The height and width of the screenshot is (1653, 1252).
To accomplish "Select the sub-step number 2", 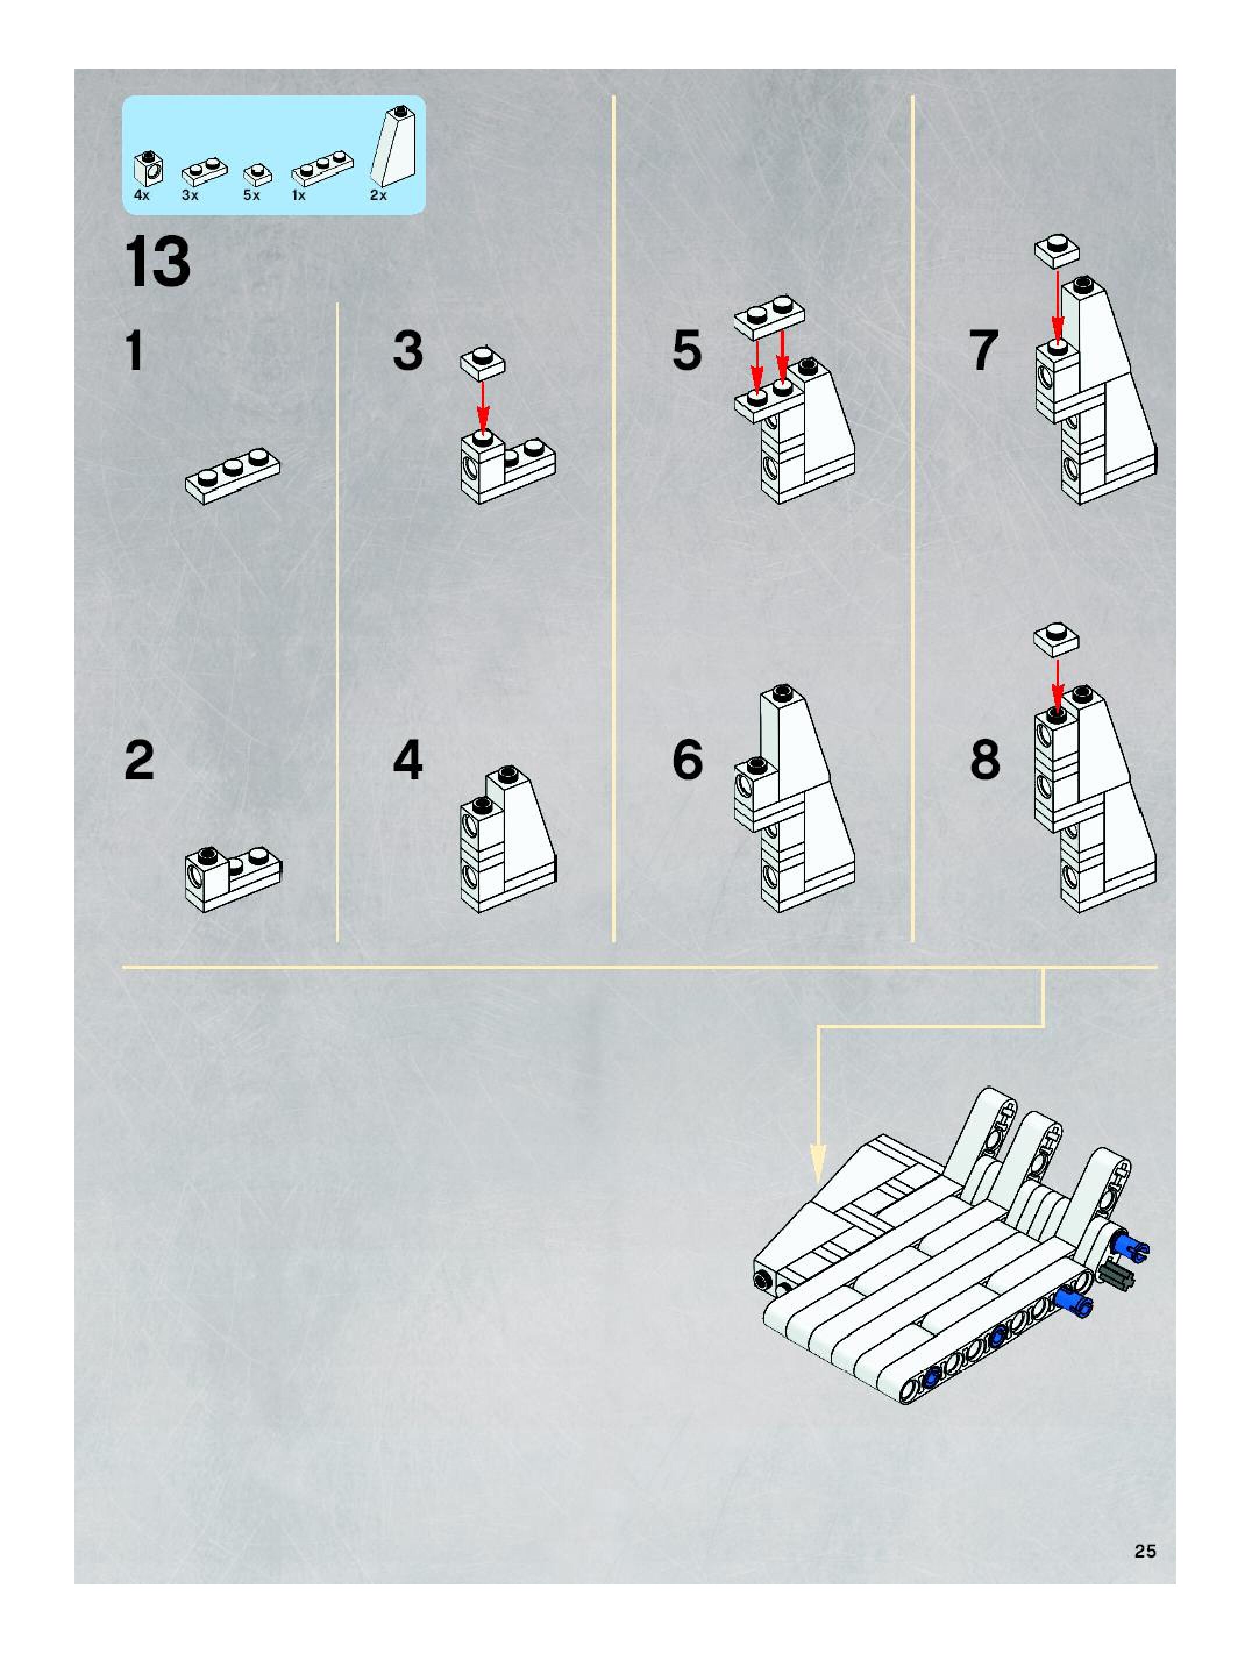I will pos(139,761).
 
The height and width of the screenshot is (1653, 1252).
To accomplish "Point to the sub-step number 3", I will pos(408,351).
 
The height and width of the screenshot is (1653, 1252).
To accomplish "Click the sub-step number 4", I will pos(408,761).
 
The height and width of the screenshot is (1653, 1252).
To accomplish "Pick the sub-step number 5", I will pos(687,351).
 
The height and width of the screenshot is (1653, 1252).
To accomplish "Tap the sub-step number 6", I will pos(687,761).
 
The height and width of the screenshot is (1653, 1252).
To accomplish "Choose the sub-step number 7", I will pos(984,351).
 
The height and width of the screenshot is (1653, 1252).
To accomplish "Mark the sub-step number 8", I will pos(984,761).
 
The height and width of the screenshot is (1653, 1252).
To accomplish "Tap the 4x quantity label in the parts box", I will pos(141,196).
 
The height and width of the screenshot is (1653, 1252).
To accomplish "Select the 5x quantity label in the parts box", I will pos(251,196).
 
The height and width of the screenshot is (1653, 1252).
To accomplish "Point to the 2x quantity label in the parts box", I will pos(378,196).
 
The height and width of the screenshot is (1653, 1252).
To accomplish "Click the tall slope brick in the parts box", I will pos(393,148).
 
